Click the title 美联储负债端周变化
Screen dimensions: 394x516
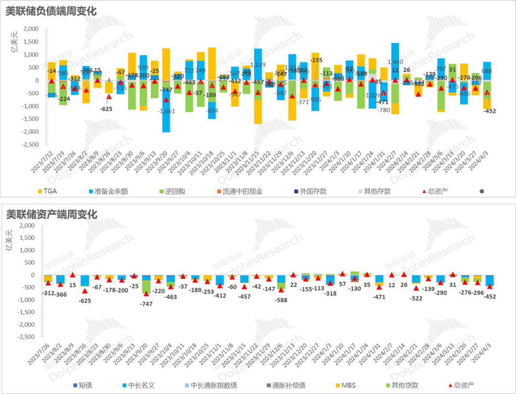(51, 11)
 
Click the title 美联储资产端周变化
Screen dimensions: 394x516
(51, 214)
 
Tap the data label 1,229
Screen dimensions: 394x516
(258, 65)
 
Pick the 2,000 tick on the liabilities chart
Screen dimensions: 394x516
(31, 29)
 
